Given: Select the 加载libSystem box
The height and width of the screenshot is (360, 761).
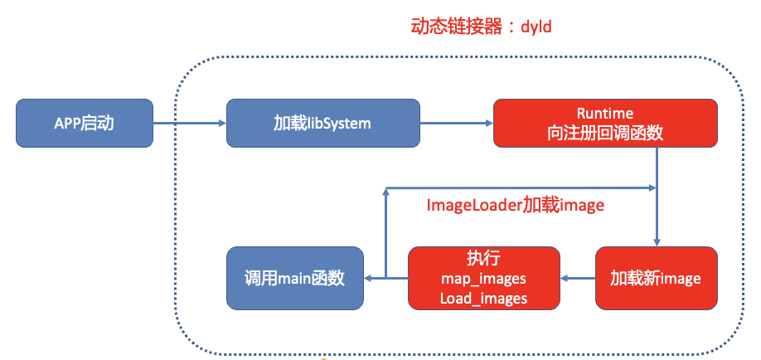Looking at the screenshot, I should pos(322,124).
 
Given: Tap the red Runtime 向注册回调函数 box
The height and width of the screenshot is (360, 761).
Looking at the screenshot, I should pos(604,123).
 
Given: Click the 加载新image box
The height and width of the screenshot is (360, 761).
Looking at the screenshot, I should pos(656,278).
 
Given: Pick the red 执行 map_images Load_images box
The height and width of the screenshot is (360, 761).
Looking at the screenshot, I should pos(483,278).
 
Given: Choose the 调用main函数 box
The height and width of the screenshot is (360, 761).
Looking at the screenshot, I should pos(295,278).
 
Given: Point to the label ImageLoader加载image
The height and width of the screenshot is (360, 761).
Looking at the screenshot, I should pos(515,205).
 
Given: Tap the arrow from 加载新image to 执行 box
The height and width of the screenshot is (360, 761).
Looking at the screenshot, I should pos(577,279).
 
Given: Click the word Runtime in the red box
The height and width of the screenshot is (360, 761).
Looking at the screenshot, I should pos(604,113).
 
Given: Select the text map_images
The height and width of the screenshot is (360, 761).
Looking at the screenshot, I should pos(483,279).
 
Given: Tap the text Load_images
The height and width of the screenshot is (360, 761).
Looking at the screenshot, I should pos(483,298).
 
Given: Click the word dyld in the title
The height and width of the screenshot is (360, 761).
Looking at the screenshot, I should pos(536,27).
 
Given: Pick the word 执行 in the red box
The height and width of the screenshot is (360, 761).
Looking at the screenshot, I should pos(483,258).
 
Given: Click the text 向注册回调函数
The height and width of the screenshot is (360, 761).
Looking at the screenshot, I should pos(605,133).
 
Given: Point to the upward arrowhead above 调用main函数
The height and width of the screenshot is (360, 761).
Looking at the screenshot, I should pos(385,190).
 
